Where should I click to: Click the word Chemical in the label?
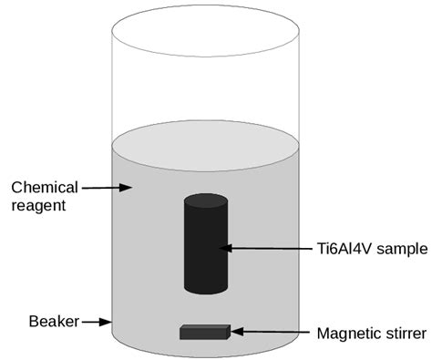(44, 188)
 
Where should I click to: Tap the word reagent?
(37, 206)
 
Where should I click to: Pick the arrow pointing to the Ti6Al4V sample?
(268, 247)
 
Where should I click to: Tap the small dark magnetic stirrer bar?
(204, 332)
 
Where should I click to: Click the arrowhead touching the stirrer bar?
(235, 332)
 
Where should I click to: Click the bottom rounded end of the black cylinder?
(206, 290)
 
